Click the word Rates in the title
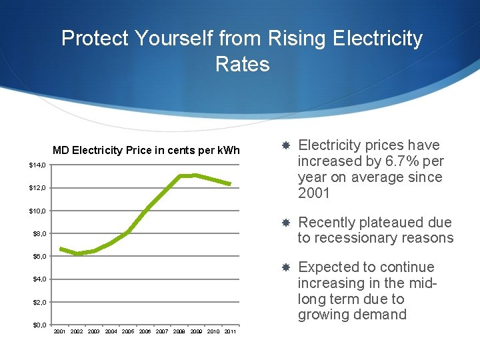(x=243, y=64)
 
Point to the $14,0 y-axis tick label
(x=37, y=165)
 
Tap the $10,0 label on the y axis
(x=37, y=211)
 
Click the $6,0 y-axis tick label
(x=39, y=256)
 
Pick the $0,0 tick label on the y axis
(x=39, y=325)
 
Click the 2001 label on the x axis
(x=59, y=331)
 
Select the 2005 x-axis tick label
(x=128, y=331)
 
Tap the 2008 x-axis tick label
(x=179, y=331)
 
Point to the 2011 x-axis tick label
(x=231, y=331)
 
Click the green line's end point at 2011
(x=230, y=184)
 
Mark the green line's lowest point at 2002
(x=77, y=254)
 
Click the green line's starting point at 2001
(x=60, y=249)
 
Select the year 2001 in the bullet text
(x=315, y=193)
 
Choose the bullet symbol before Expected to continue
(x=285, y=267)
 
